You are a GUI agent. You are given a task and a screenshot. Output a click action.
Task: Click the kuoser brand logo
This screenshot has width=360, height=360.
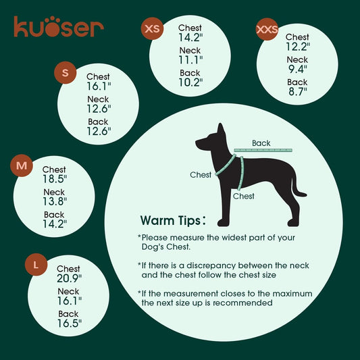pyautogui.click(x=59, y=26)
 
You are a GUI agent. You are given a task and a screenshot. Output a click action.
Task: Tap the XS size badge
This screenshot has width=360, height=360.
pyautogui.click(x=153, y=29)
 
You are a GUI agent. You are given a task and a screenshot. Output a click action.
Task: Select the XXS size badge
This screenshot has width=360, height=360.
pyautogui.click(x=267, y=30)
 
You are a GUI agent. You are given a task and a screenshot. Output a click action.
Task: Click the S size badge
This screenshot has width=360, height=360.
pyautogui.click(x=66, y=73)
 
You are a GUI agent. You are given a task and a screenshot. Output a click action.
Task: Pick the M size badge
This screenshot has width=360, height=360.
pyautogui.click(x=22, y=165)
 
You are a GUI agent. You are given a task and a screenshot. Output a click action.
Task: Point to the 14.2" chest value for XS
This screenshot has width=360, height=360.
pyautogui.click(x=190, y=38)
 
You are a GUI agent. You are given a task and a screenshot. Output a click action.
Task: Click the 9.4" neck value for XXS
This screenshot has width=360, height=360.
pyautogui.click(x=297, y=69)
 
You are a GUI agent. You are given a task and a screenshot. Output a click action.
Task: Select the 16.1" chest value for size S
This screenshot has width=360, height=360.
pyautogui.click(x=98, y=87)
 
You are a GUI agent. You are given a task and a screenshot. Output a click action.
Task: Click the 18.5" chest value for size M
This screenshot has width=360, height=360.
pyautogui.click(x=54, y=180)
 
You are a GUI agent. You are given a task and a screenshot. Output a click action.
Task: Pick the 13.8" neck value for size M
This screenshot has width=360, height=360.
pyautogui.click(x=54, y=202)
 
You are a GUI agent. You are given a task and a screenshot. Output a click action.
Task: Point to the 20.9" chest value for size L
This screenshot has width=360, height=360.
pyautogui.click(x=68, y=278)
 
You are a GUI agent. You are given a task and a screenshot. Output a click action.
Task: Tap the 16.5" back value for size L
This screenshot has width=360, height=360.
pyautogui.click(x=68, y=324)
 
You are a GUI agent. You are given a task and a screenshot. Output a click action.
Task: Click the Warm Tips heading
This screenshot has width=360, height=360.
pyautogui.click(x=178, y=221)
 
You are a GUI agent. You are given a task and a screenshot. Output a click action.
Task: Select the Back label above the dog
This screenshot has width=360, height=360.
pyautogui.click(x=261, y=143)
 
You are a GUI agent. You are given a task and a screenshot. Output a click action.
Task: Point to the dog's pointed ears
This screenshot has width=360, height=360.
pyautogui.click(x=220, y=129)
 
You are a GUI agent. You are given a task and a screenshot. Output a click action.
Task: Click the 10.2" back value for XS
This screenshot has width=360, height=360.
pyautogui.click(x=190, y=83)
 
